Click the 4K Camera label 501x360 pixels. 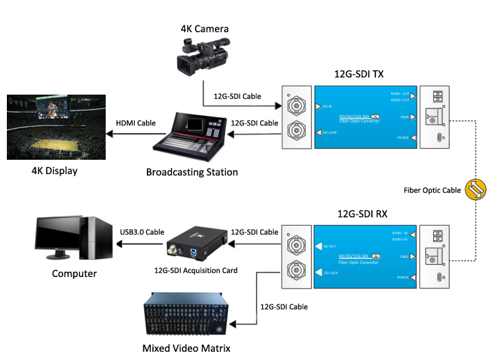[x=205, y=29]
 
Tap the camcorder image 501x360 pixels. [x=201, y=59]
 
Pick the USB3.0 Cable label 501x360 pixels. [x=142, y=232]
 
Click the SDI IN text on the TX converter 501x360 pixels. [x=327, y=107]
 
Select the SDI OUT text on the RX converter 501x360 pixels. [x=329, y=245]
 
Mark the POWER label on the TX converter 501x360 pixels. [x=401, y=138]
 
